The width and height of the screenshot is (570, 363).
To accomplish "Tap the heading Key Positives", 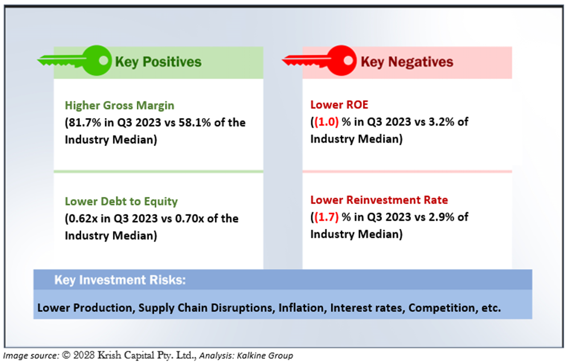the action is point(158,62).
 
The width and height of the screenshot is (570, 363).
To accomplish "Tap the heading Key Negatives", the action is point(407,62).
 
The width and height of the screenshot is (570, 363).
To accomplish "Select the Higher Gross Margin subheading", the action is point(120,105).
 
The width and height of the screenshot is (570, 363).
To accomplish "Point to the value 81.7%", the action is point(85,122).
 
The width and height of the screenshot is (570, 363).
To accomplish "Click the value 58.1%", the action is point(195,122).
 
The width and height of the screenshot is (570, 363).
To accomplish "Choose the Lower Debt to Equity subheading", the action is point(121,201).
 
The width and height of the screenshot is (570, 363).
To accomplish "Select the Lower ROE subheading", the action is point(339,105).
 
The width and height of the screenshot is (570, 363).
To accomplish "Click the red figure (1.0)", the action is point(327,122).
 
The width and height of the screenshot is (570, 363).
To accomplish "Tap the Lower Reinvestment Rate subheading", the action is point(379,200).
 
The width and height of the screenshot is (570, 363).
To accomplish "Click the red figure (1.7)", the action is point(327,217).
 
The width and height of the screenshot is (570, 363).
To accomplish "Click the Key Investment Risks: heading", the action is point(120,280).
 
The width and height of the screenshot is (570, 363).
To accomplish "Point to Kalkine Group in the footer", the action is point(265,355).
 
